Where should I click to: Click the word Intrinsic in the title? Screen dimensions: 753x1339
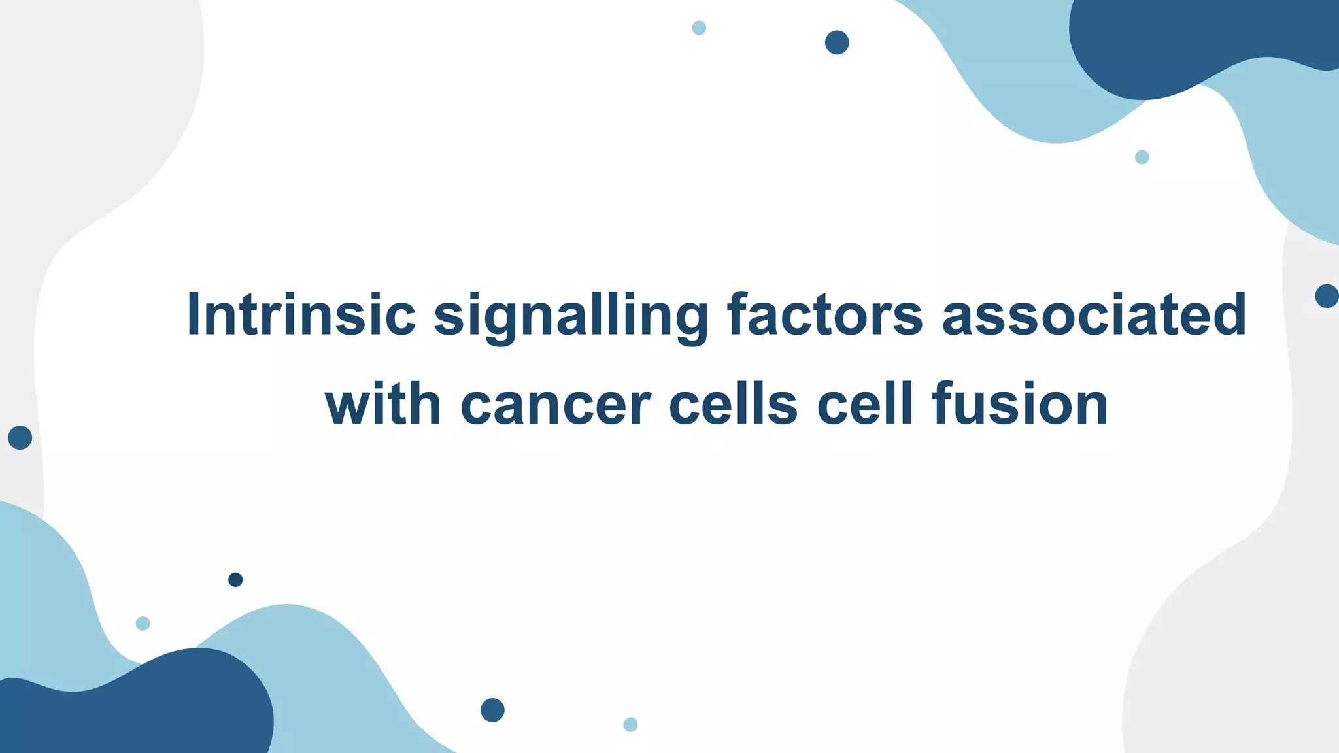click(x=301, y=315)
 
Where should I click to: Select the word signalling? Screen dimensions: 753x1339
click(x=571, y=316)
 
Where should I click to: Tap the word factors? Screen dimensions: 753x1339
click(x=825, y=315)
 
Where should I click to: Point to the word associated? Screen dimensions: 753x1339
click(x=1094, y=315)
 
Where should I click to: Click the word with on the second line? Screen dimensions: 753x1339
click(x=382, y=405)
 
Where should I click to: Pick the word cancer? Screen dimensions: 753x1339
click(x=556, y=406)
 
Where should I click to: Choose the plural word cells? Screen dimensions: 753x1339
click(x=733, y=405)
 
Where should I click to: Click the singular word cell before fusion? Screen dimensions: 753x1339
click(x=864, y=405)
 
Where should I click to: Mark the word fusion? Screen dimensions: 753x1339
click(x=1020, y=405)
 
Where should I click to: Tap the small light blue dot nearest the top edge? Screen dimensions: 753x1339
click(x=699, y=28)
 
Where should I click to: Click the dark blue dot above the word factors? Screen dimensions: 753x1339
click(x=837, y=42)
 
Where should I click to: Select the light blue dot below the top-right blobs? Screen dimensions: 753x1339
click(x=1142, y=157)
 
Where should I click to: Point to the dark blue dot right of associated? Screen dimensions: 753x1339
click(x=1327, y=296)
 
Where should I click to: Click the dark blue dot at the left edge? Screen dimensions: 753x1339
click(x=20, y=437)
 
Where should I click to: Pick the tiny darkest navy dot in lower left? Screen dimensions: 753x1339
click(x=235, y=580)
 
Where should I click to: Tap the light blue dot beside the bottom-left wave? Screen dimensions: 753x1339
click(x=143, y=624)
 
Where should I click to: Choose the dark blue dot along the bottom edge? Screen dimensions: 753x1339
click(x=492, y=710)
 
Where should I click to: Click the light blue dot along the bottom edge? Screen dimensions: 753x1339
click(x=630, y=724)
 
